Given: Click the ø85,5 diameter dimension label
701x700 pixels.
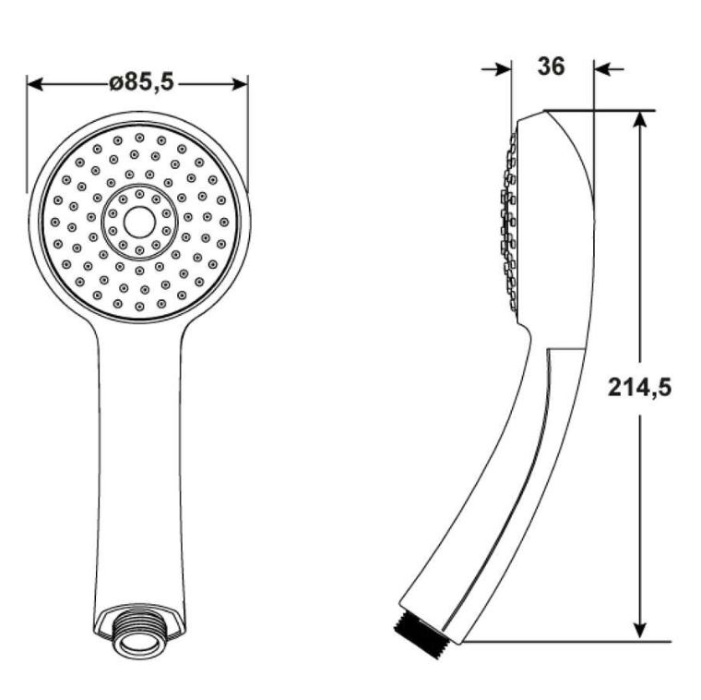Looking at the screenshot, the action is [141, 83].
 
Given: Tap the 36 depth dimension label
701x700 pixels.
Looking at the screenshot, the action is [551, 66].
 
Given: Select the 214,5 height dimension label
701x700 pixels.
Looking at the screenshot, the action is [639, 387].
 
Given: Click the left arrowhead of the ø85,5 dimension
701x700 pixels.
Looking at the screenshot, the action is [35, 84].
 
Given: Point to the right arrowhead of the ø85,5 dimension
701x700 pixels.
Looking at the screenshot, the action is [240, 84].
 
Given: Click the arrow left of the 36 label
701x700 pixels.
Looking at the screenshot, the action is [496, 69].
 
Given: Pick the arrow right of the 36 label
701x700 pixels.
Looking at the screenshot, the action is [609, 69].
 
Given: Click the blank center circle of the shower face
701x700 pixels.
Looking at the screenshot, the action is [139, 222].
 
